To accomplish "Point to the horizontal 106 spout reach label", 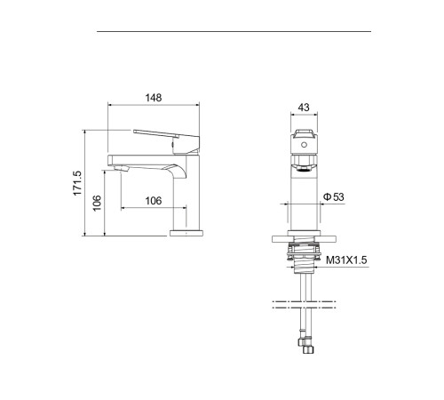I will click(153, 201).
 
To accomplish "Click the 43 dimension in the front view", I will click(303, 108).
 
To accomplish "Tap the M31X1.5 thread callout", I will click(346, 260).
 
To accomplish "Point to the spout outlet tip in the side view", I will click(122, 167).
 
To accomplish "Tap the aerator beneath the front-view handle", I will click(303, 162).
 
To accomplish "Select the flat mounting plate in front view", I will click(303, 238).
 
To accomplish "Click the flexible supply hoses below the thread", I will click(303, 289).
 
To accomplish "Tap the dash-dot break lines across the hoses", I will click(303, 308).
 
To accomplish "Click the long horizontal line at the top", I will click(233, 32).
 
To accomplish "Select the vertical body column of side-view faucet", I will click(189, 191).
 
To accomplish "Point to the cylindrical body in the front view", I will click(303, 200).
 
